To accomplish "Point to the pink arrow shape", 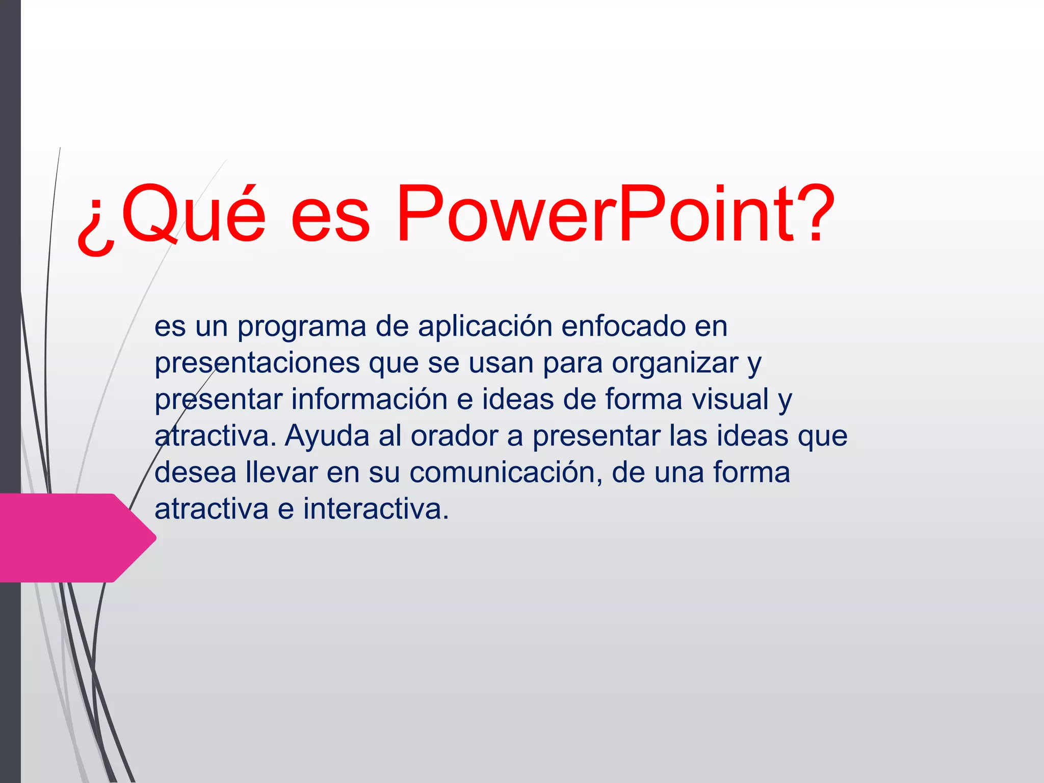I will pos(71,537).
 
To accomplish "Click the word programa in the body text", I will pos(302,327).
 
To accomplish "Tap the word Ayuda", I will pos(327,437).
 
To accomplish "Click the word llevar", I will pos(281,473).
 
